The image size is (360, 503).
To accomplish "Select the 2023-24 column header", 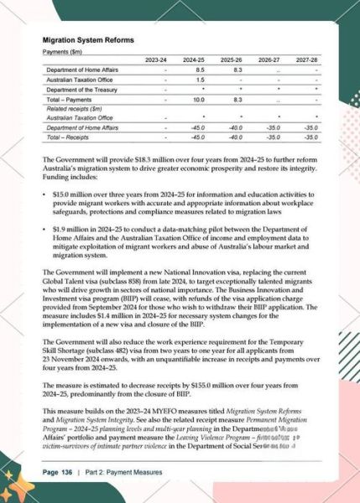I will [156, 60].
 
